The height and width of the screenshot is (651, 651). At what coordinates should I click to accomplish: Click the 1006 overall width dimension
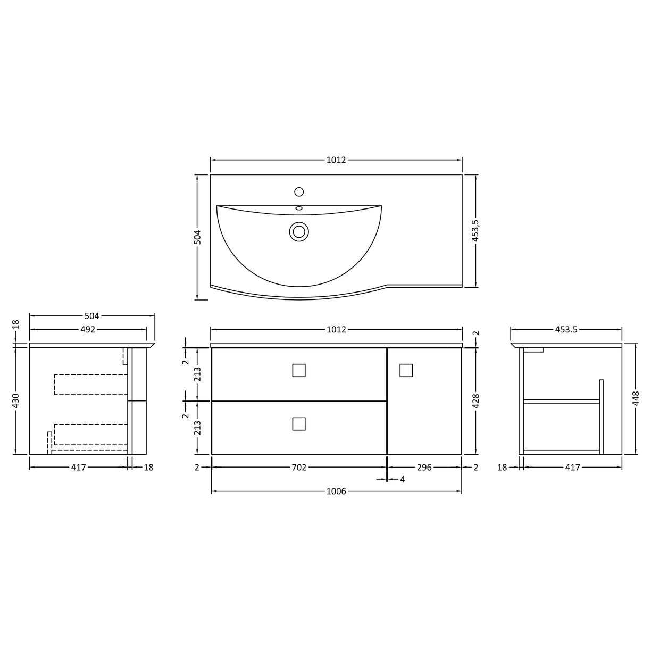tap(336, 491)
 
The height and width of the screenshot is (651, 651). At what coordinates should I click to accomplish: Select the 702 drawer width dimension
tap(299, 468)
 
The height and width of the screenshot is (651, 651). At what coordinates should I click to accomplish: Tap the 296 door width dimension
tap(424, 468)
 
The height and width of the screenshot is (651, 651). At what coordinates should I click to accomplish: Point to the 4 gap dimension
tap(403, 479)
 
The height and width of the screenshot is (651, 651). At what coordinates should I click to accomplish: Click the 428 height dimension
tap(475, 402)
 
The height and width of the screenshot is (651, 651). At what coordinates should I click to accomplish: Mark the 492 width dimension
tap(88, 330)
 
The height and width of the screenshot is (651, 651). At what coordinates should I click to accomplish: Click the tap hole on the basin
tap(299, 191)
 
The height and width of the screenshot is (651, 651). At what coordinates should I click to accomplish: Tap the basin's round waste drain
tap(299, 231)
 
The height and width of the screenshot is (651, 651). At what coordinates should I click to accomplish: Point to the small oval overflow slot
tap(299, 208)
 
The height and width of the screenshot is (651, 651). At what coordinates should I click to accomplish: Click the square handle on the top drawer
tap(299, 370)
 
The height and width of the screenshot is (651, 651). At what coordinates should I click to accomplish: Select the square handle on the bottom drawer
tap(299, 423)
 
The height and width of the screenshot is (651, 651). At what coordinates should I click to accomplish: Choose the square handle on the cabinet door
tap(406, 370)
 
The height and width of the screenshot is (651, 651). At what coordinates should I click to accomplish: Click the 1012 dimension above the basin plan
tap(336, 160)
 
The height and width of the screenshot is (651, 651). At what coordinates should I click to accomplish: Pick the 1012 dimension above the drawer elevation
tap(336, 330)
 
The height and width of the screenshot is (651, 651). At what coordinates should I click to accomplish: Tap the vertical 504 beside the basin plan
tap(197, 238)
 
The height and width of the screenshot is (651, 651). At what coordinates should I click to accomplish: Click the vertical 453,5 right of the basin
tap(475, 231)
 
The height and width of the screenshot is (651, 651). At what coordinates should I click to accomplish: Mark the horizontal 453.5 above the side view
tap(566, 330)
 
